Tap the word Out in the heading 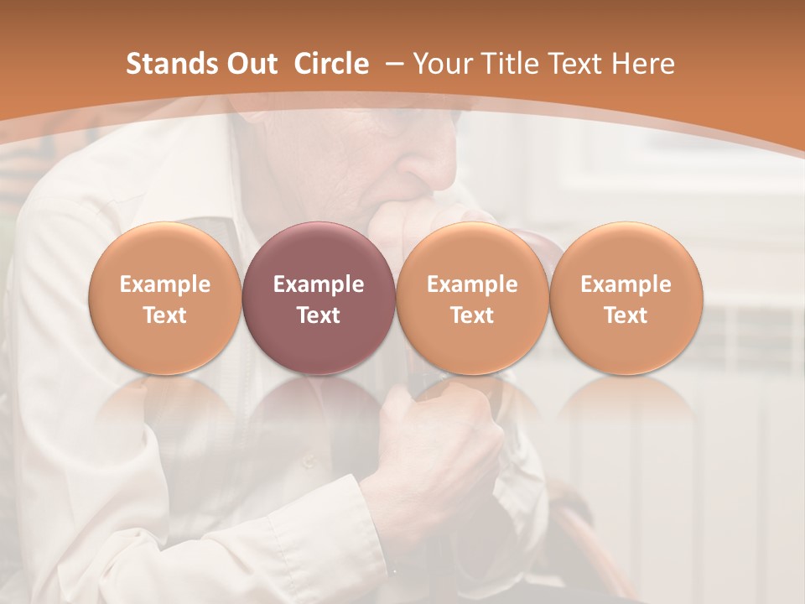[x=250, y=64]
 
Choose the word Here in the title [x=644, y=64]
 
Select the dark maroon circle [x=319, y=298]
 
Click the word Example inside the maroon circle [x=319, y=284]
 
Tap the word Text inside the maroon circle [x=319, y=315]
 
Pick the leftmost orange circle [x=164, y=298]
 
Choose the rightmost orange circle [x=626, y=298]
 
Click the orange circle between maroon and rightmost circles [x=472, y=298]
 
